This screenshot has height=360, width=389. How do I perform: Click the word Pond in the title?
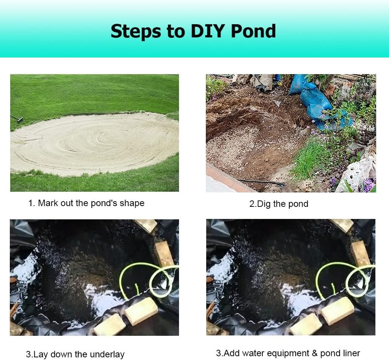click(253, 31)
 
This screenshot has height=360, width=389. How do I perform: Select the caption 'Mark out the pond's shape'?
click(91, 203)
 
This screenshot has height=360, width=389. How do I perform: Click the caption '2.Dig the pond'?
click(279, 204)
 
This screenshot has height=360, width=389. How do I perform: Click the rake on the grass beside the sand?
click(17, 118)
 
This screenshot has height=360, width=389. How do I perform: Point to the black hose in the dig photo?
click(264, 182)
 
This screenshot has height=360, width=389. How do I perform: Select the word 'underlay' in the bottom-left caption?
click(107, 354)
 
